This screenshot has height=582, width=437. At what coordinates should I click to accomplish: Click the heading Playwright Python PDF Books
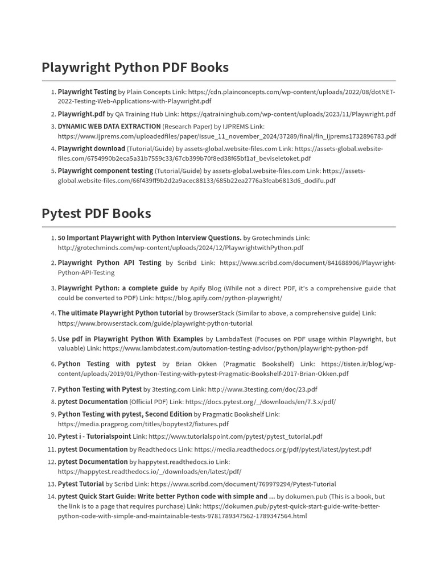(135, 68)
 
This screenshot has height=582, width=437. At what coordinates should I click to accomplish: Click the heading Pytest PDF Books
(96, 214)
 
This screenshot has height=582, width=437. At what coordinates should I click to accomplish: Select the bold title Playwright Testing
(87, 92)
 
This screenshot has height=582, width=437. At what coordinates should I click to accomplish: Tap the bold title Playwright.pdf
(81, 114)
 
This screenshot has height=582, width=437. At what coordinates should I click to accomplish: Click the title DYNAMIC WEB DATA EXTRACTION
(109, 126)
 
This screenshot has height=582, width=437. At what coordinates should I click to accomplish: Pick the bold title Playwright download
(92, 148)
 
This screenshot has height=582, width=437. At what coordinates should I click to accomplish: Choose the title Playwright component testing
(105, 171)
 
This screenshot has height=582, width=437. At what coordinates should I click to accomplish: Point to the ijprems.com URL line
(226, 136)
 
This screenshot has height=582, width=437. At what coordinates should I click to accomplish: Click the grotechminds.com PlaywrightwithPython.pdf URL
(180, 248)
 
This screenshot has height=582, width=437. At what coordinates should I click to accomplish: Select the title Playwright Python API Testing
(109, 263)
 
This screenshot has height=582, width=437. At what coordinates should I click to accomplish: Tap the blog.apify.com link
(218, 298)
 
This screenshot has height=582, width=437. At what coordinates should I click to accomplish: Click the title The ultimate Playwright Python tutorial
(121, 313)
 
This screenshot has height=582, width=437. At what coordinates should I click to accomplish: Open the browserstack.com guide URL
(155, 323)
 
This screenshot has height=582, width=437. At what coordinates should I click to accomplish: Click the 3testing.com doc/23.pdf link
(262, 389)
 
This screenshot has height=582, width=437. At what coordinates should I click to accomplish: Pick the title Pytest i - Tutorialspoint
(94, 436)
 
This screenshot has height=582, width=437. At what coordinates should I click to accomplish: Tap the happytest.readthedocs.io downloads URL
(149, 472)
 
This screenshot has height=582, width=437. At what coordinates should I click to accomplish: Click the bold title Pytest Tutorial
(81, 484)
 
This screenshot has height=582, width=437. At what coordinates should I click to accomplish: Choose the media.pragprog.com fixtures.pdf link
(143, 424)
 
